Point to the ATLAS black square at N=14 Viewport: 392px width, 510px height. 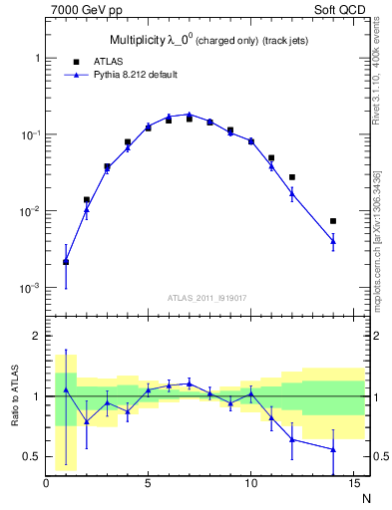333,221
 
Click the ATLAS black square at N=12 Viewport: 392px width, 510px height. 292,177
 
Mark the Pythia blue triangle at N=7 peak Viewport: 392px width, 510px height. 190,115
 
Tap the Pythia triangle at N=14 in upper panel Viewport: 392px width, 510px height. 333,240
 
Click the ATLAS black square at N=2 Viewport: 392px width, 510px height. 87,199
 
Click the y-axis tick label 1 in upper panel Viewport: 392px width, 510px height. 36,58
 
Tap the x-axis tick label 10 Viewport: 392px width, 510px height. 250,484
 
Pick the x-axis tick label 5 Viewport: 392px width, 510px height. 149,484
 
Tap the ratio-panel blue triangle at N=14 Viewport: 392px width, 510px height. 333,449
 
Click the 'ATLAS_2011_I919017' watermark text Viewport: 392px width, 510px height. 205,297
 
